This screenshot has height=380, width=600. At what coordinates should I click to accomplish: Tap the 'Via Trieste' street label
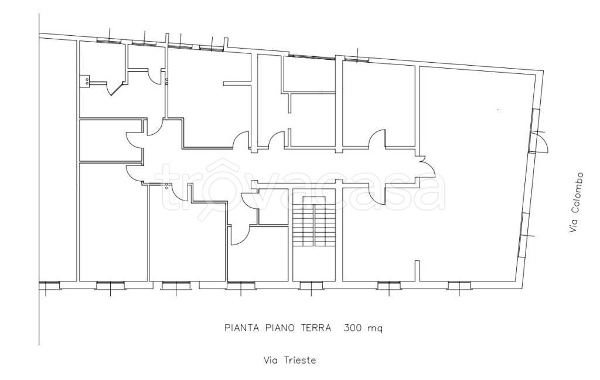point(289,361)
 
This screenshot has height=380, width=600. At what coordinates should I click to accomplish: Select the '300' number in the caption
point(353,328)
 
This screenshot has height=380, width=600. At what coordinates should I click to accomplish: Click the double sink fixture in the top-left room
point(84,81)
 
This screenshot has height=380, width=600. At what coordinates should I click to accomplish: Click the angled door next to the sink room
point(115,88)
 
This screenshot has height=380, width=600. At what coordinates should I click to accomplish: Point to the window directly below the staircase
point(311,286)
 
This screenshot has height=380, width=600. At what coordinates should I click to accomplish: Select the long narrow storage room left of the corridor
point(111,140)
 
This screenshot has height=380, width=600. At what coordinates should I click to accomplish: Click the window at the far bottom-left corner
point(49,286)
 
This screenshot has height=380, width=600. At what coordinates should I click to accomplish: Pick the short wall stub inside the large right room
point(417,271)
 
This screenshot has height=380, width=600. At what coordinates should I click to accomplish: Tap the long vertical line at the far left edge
point(39,179)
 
